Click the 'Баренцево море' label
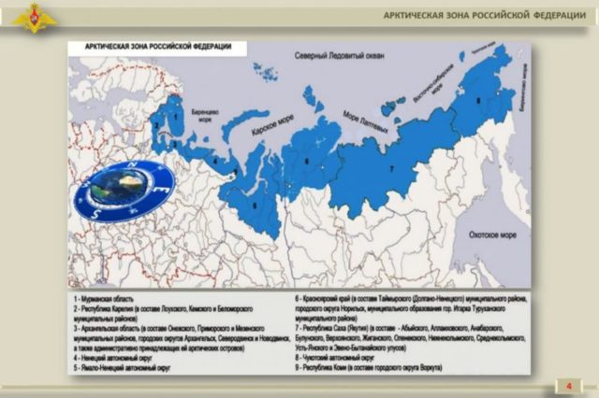click(204, 114)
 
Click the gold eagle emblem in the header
click(36, 16)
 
